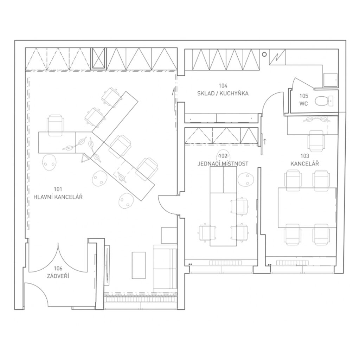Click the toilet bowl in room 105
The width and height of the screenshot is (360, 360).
[x=322, y=101]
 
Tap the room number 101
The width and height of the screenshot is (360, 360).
[x=58, y=189]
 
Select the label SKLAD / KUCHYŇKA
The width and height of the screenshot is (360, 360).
[x=223, y=94]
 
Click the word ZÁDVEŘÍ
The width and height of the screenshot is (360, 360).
[x=58, y=276]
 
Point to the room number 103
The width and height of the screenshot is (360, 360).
[x=305, y=156]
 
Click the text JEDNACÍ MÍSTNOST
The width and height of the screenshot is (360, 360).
[x=223, y=164]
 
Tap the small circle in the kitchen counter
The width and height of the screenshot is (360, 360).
[x=264, y=54]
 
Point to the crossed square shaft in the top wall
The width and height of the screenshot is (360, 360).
[x=98, y=59]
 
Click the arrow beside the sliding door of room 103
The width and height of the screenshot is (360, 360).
[x=265, y=142]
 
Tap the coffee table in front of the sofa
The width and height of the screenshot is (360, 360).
[x=139, y=265]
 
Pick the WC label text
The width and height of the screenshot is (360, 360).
[x=303, y=104]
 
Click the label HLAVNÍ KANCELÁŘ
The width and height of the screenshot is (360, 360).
[x=58, y=197]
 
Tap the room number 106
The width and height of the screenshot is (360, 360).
[x=58, y=268]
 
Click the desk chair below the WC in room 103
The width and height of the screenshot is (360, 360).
[x=316, y=141]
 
